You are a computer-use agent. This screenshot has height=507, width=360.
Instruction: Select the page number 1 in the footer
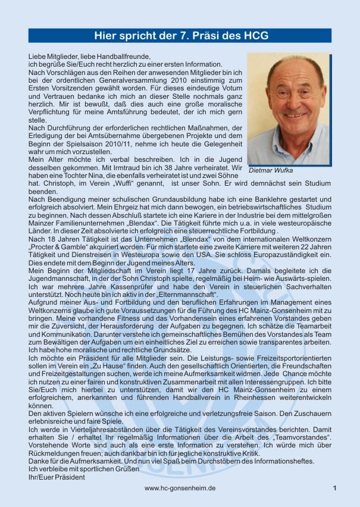coord(335,488)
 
